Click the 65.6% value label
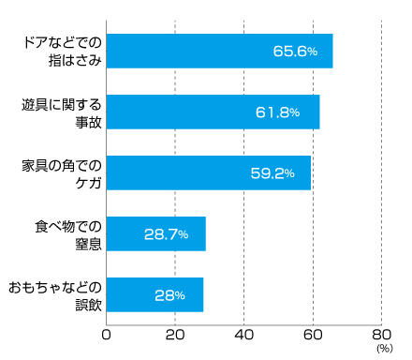[292, 52]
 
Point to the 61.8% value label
[277, 112]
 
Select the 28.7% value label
[166, 233]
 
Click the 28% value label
[169, 294]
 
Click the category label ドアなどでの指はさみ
[61, 52]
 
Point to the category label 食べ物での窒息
[67, 233]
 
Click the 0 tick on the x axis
[107, 334]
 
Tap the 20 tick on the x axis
[175, 334]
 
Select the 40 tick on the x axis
[244, 334]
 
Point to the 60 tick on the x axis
[313, 334]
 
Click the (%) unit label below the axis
[383, 349]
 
